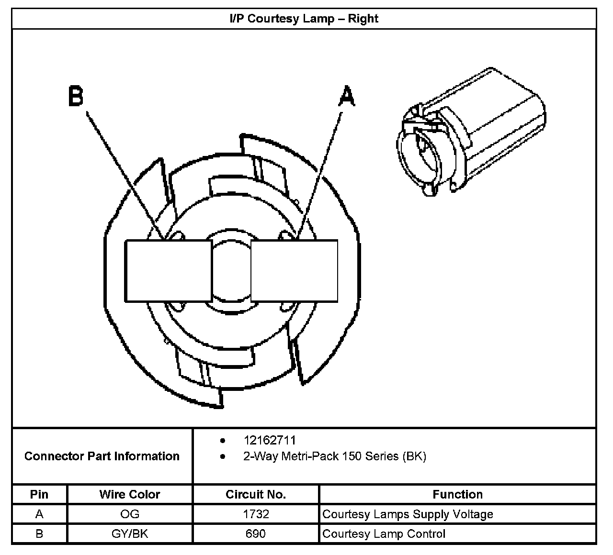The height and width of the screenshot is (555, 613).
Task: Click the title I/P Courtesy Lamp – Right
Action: tap(304, 19)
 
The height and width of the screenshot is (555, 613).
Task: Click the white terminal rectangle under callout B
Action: tap(168, 271)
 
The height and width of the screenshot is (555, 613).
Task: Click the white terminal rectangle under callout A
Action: tap(294, 271)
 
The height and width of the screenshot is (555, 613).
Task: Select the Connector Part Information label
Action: tap(102, 456)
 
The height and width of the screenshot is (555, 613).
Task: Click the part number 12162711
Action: tap(270, 440)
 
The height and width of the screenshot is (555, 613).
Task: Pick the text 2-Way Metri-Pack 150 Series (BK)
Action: tap(334, 456)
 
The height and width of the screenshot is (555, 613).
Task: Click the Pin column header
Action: tap(39, 494)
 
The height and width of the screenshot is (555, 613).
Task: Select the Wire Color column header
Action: tap(130, 494)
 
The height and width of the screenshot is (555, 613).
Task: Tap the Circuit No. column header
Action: tap(256, 494)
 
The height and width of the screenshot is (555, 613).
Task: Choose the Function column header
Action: tap(457, 494)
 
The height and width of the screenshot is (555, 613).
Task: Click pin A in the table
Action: tap(39, 514)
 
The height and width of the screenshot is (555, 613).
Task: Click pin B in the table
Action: tap(39, 533)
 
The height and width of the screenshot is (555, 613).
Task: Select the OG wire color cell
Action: tap(130, 514)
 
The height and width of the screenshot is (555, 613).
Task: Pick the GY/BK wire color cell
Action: tap(130, 533)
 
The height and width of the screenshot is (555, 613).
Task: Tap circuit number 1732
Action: tap(256, 514)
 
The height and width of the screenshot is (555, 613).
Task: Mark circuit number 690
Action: tap(256, 533)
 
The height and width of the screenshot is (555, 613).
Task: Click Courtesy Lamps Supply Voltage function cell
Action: tap(408, 514)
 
